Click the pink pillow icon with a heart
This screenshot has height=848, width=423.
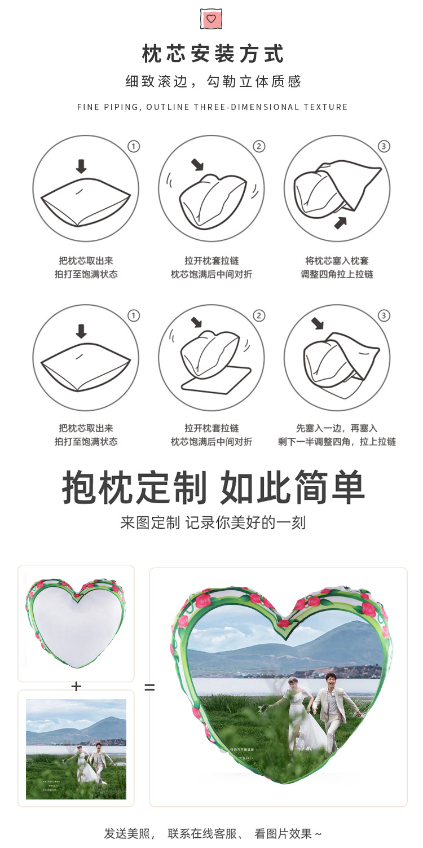[x=211, y=19]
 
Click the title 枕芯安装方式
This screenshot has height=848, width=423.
[x=213, y=55]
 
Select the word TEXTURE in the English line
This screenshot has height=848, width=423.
[x=325, y=107]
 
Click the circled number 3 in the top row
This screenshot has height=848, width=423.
[x=384, y=147]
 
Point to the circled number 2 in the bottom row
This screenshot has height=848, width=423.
[x=259, y=315]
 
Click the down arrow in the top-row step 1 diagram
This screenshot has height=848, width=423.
[x=81, y=166]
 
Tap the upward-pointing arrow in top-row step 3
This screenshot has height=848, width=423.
[x=340, y=222]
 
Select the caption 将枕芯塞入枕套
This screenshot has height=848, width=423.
[x=337, y=261]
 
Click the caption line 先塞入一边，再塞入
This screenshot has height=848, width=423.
[x=337, y=428]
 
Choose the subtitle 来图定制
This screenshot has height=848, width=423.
[x=150, y=522]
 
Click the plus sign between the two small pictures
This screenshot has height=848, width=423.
[x=76, y=686]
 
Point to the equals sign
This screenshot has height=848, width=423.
[x=149, y=688]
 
